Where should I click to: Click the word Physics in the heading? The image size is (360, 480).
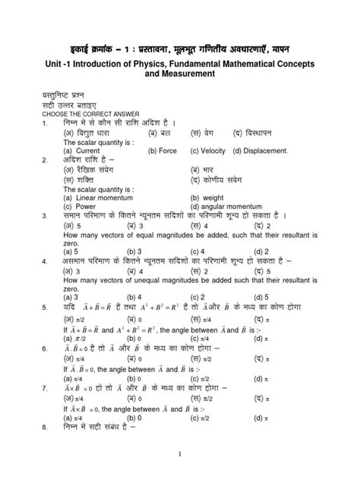pos(153,62)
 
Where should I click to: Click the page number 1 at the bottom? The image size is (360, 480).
pos(180,454)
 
